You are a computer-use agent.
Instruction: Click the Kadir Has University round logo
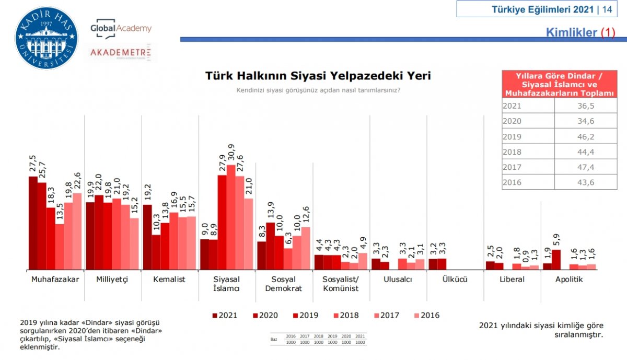click(x=47, y=38)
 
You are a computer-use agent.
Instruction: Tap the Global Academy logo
click(x=121, y=29)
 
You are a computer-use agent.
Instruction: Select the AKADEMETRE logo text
click(x=121, y=52)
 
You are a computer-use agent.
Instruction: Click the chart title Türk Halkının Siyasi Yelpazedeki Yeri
click(x=318, y=75)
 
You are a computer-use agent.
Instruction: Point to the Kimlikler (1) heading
click(x=580, y=32)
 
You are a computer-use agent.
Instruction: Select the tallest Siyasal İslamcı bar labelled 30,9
click(x=230, y=217)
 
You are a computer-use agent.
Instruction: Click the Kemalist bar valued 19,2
click(x=147, y=237)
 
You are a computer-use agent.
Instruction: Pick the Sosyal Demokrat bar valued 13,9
click(x=270, y=246)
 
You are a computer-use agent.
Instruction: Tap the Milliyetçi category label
click(x=112, y=279)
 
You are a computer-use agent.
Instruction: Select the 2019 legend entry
click(x=306, y=315)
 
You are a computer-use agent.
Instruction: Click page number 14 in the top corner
click(x=607, y=9)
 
